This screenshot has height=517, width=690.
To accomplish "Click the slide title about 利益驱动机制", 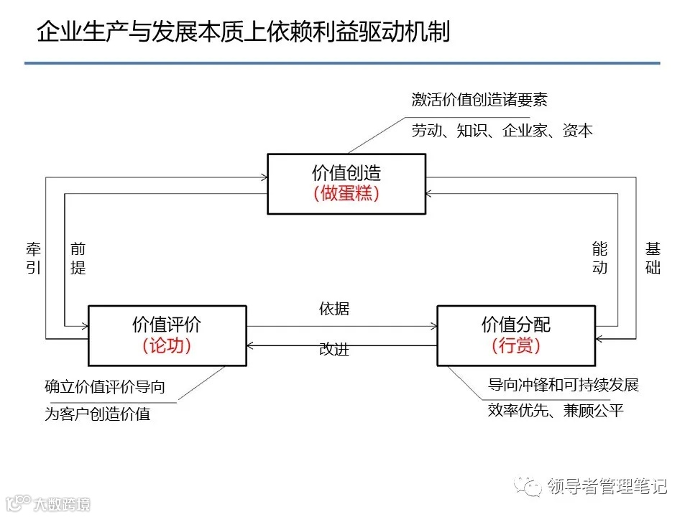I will [244, 31].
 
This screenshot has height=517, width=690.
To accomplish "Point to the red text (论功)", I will [167, 345].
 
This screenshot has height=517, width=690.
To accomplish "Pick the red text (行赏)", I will [516, 345].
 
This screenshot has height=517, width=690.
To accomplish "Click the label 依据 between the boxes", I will [334, 309].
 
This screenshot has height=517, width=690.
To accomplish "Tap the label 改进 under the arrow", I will [334, 350].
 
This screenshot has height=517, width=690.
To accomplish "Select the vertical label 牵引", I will [33, 258].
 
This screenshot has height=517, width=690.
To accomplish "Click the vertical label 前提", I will [78, 258].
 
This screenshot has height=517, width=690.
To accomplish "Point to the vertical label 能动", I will [599, 258].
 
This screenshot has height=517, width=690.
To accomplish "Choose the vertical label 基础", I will [653, 258].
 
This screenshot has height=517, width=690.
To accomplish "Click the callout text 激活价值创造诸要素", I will [479, 100].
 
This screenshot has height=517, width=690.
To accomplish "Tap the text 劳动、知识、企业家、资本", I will [502, 131].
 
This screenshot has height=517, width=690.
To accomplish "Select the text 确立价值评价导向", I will [105, 387].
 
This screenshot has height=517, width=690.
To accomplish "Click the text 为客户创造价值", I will [98, 414].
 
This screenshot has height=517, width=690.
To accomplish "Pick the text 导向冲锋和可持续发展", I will [563, 384].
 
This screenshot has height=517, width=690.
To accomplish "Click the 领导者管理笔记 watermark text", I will [607, 486].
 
